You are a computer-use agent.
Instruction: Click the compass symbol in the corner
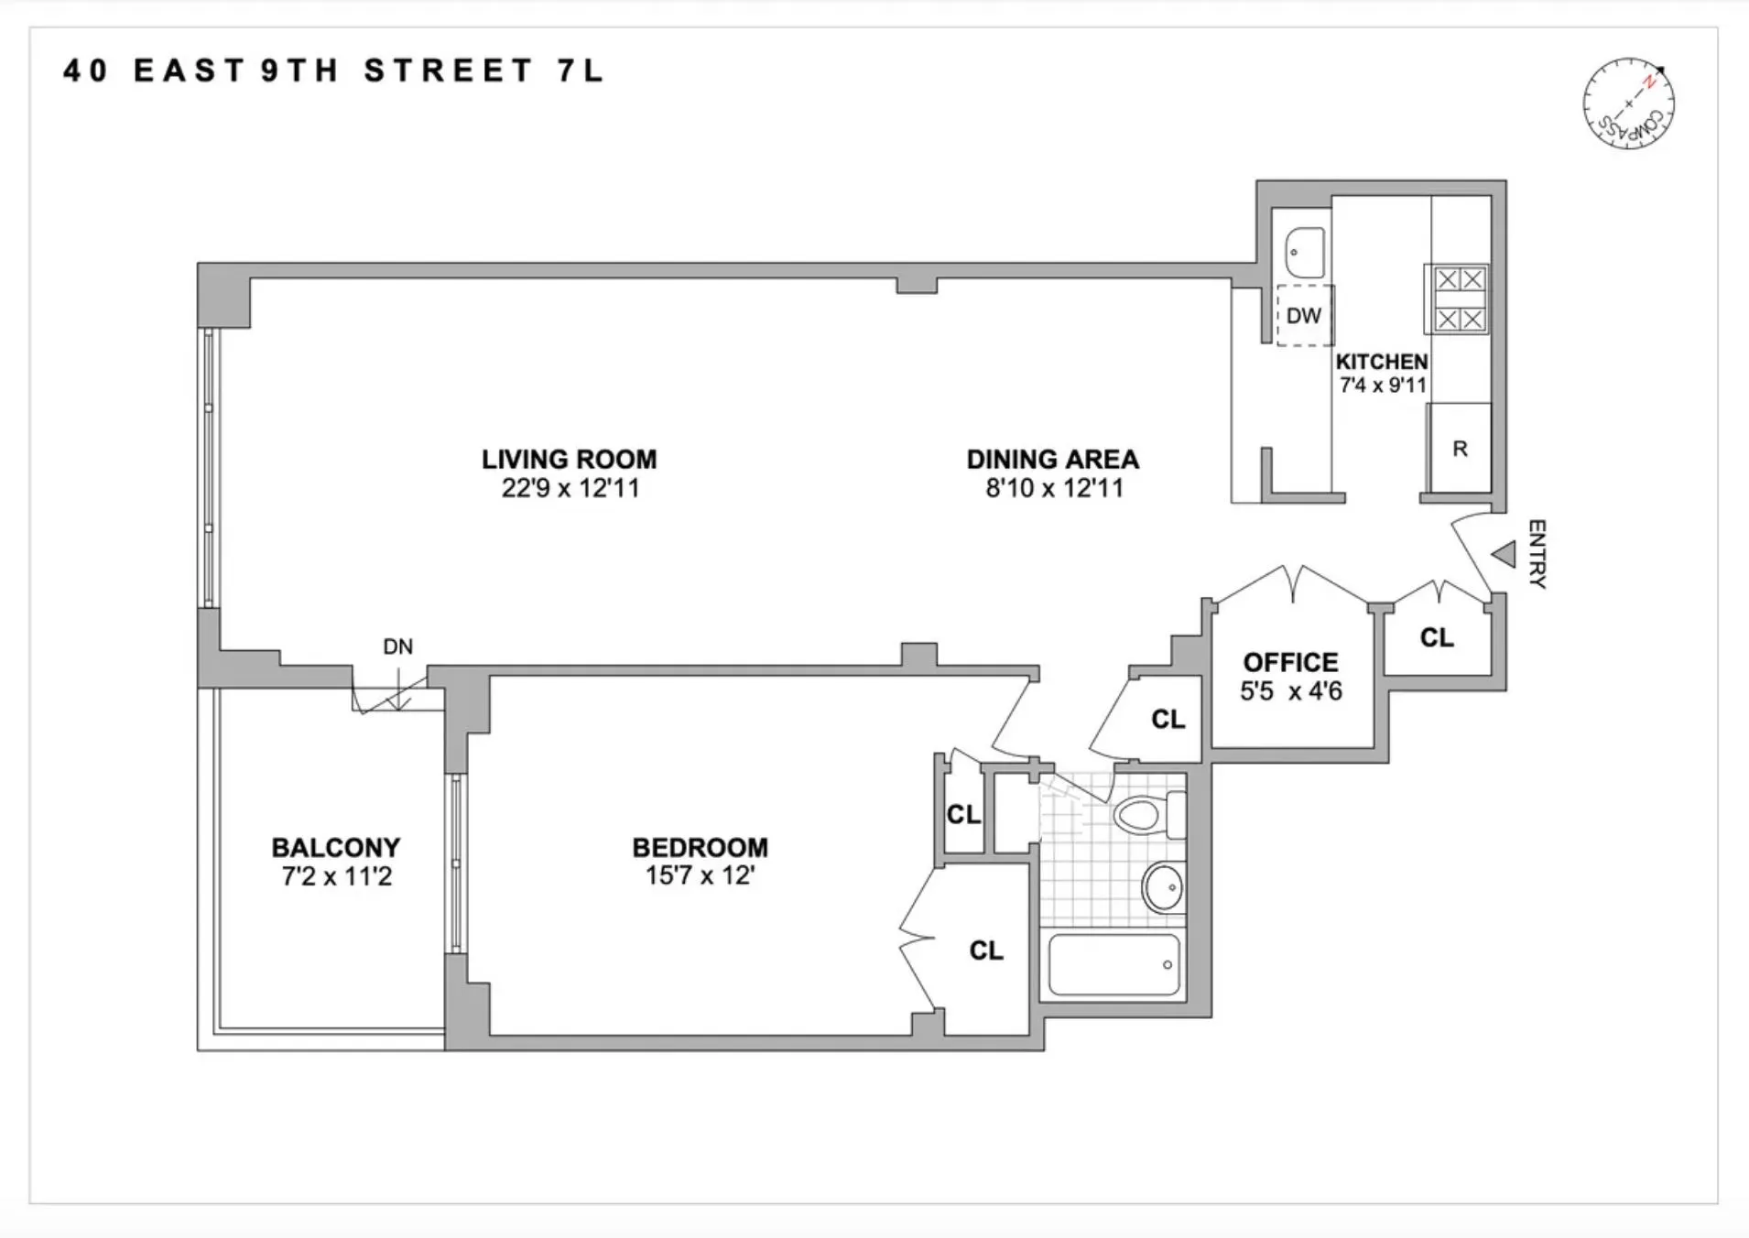click(1629, 104)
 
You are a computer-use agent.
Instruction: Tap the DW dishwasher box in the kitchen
click(1304, 316)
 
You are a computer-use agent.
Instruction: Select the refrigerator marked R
click(1460, 449)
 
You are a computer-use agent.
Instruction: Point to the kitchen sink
click(1305, 252)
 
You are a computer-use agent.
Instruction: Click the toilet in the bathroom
click(1148, 813)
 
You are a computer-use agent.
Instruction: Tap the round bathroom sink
click(1163, 886)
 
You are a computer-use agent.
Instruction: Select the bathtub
click(1113, 964)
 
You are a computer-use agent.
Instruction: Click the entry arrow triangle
click(1504, 554)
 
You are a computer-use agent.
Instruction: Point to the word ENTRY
click(1537, 554)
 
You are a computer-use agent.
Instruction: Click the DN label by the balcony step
click(397, 647)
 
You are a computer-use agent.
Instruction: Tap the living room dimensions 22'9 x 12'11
click(570, 488)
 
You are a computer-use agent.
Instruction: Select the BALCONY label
click(336, 847)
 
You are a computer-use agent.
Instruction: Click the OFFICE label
click(1290, 662)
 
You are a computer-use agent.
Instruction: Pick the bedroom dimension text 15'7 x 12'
click(700, 876)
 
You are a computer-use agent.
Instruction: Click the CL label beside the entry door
click(1437, 637)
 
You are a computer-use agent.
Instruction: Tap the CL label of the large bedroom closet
click(986, 950)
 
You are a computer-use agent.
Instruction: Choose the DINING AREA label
click(1053, 459)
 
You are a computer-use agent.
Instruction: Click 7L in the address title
click(580, 71)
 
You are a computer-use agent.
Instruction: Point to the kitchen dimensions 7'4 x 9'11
click(1383, 386)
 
